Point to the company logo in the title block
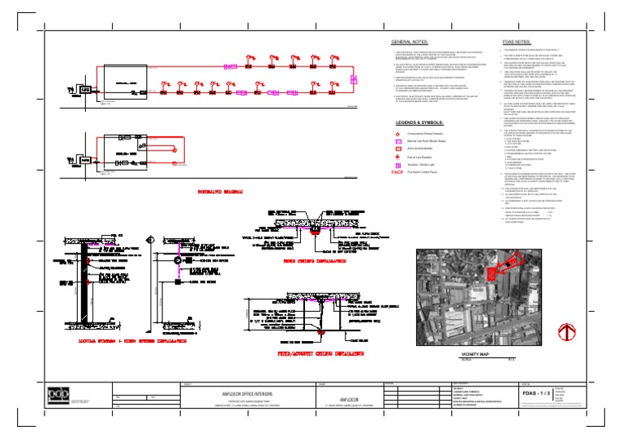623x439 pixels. point(54,394)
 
